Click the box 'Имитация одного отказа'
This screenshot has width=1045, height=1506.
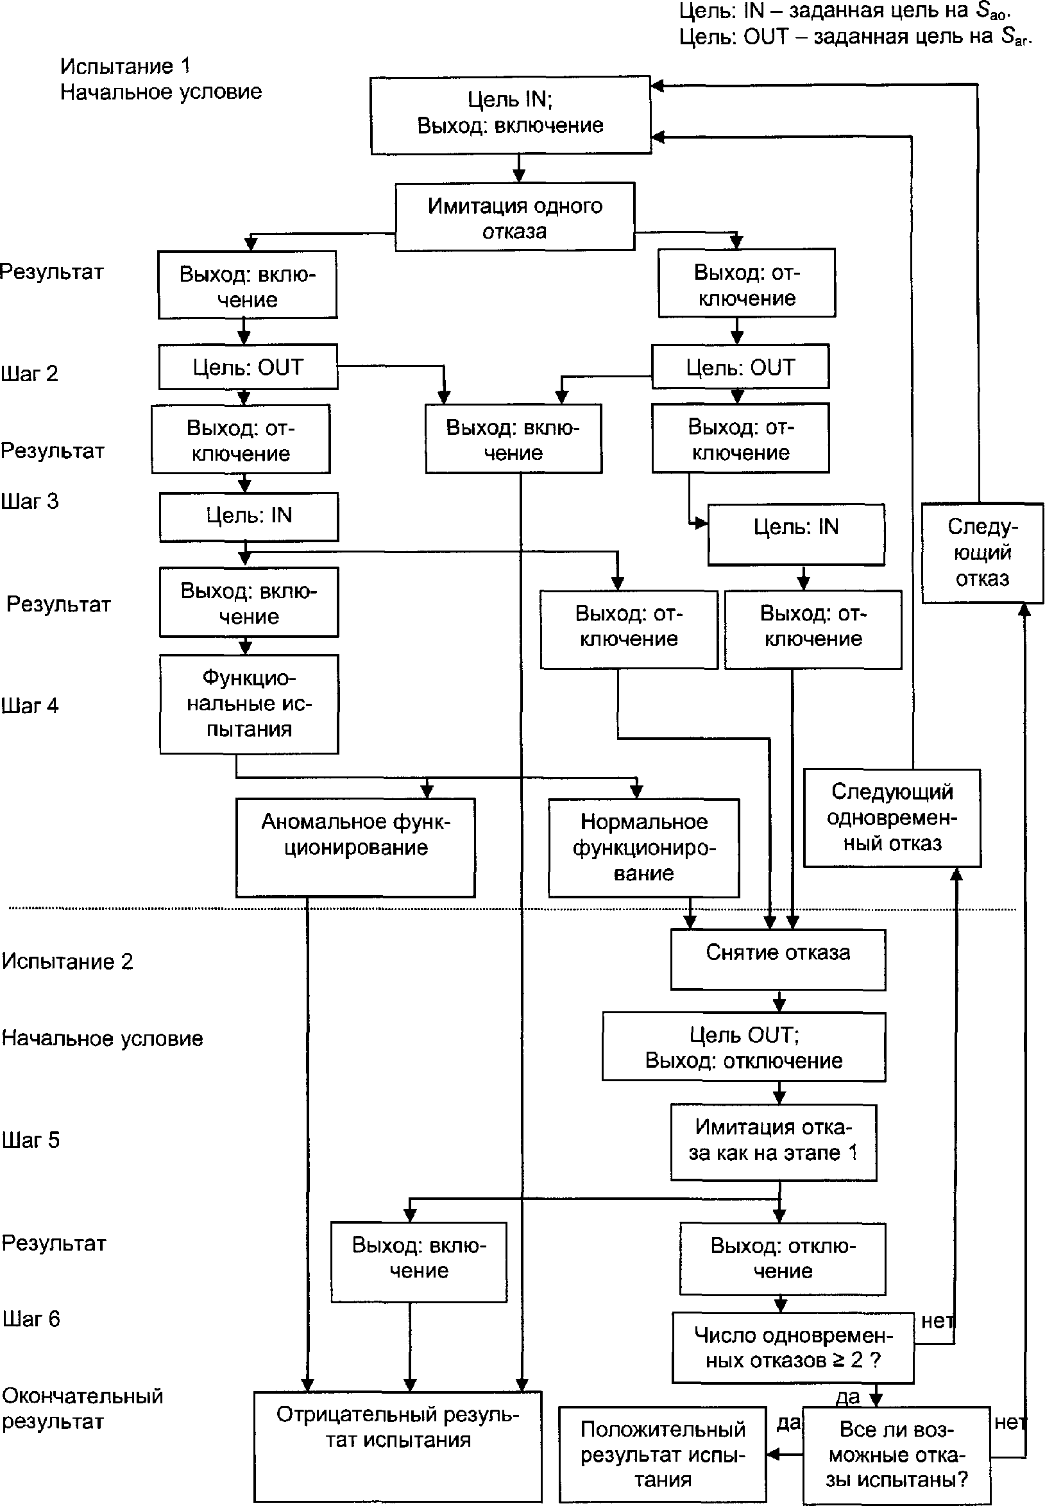pos(514,217)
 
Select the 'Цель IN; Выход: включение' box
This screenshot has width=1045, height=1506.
pos(511,115)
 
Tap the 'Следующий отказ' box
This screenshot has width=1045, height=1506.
pos(982,552)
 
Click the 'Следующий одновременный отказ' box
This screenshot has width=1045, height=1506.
pos(892,818)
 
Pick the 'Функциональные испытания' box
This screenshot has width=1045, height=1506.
pos(249,704)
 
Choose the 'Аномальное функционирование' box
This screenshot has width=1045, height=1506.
pos(355,846)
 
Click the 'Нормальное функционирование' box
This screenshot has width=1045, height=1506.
pos(643,847)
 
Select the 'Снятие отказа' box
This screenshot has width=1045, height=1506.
pos(778,959)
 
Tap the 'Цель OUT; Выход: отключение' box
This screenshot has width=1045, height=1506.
pos(743,1047)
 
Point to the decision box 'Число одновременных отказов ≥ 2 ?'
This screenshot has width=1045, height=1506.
pos(793,1347)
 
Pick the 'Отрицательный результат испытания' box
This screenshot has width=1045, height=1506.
pos(398,1446)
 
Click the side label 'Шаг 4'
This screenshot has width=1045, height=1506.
pos(30,705)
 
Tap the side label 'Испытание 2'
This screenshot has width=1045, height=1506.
pos(67,961)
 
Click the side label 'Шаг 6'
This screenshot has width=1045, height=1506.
pos(31,1319)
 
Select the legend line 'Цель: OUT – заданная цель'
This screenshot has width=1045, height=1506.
pos(854,37)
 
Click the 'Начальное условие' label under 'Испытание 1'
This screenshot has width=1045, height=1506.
pos(161,92)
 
